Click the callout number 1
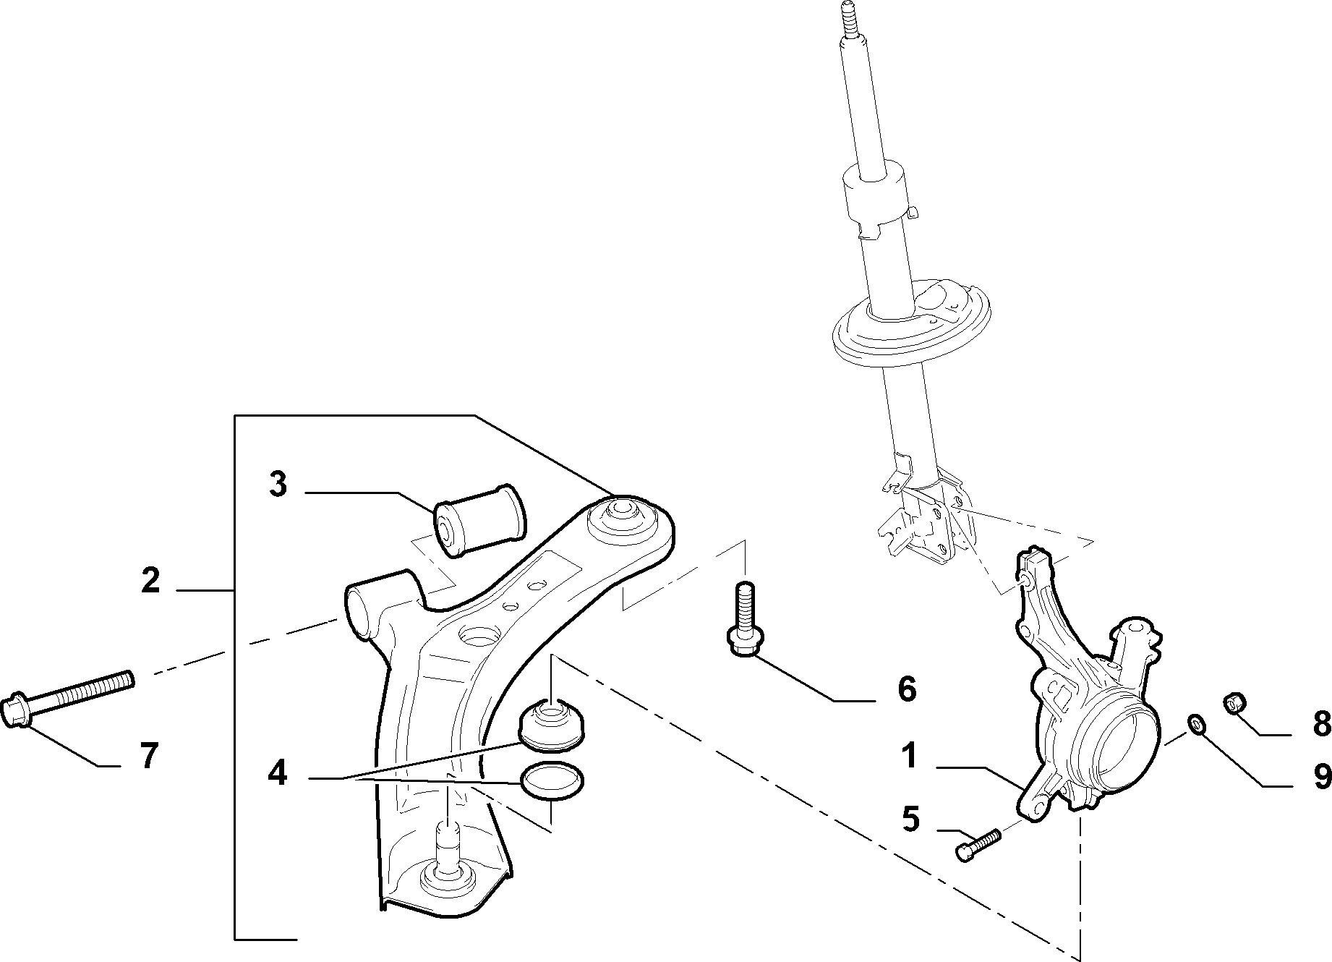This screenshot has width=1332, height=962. click(909, 757)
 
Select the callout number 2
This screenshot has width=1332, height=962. click(150, 581)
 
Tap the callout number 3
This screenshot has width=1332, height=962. click(278, 485)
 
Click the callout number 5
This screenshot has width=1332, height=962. click(911, 820)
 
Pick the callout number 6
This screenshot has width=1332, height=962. click(907, 689)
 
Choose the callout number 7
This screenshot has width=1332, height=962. click(148, 757)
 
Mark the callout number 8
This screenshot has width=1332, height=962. click(1322, 723)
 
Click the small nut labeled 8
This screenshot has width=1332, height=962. click(1236, 701)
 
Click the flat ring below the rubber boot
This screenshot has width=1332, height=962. click(552, 781)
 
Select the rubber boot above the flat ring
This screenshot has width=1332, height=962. click(552, 725)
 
